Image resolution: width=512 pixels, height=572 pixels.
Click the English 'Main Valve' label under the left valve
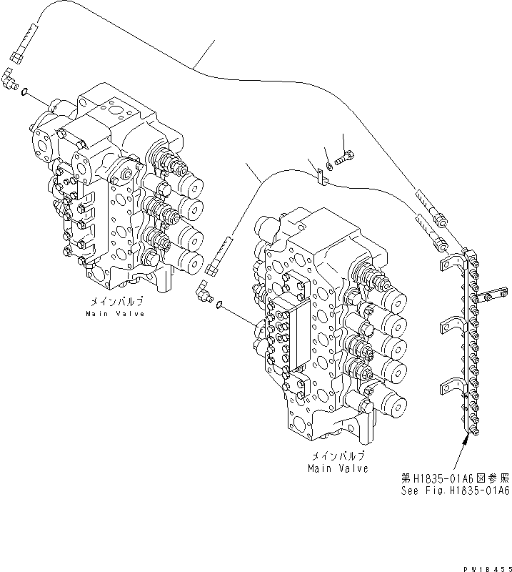coord(115,313)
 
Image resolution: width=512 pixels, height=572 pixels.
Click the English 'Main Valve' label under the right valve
coord(338,468)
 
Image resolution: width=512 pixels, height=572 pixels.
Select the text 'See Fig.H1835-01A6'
coord(455,490)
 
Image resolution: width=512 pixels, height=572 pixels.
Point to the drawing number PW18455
coord(487,565)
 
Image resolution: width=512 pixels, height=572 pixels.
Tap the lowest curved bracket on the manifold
coord(451,386)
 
